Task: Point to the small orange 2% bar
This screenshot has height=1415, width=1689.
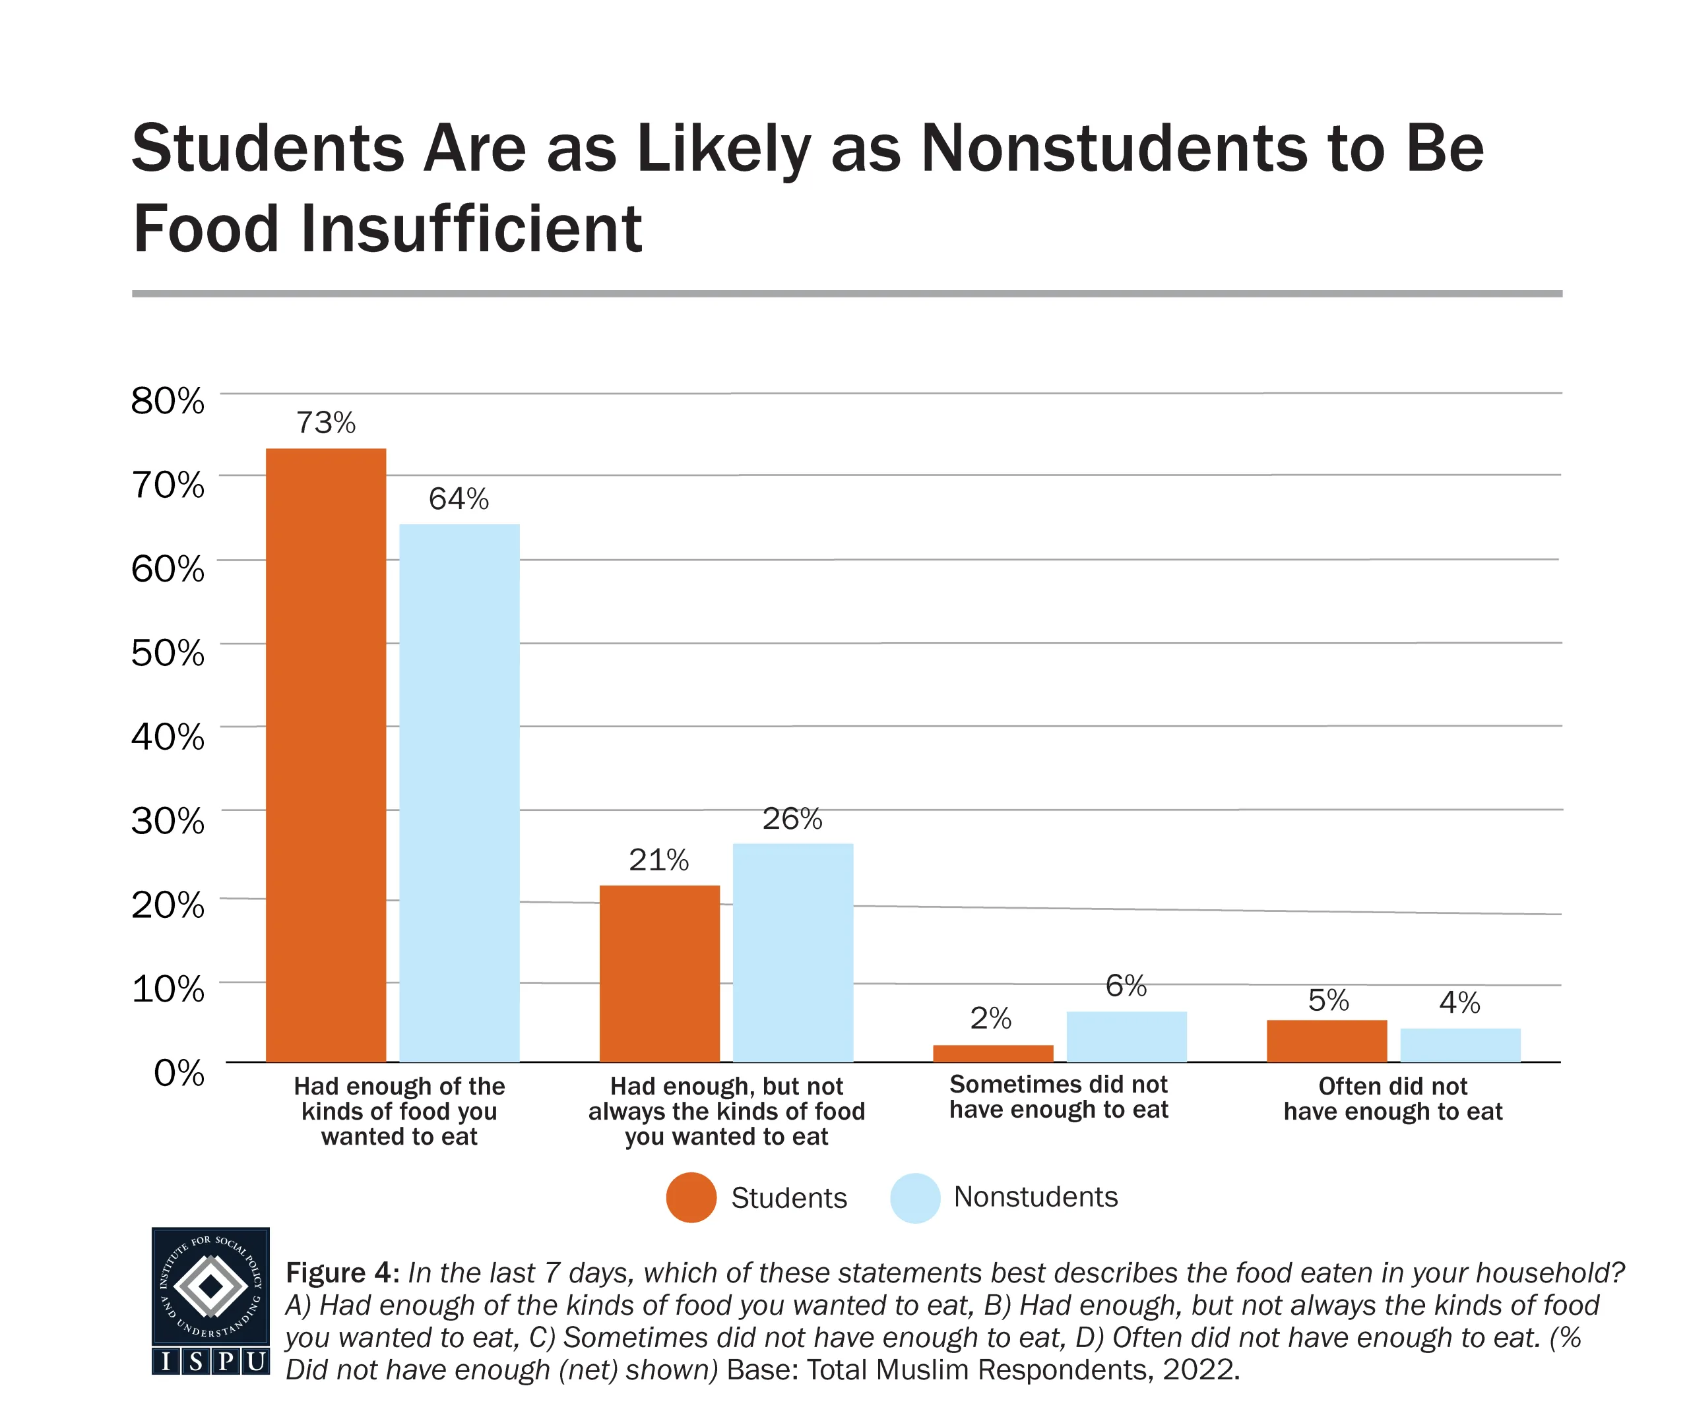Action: [992, 1053]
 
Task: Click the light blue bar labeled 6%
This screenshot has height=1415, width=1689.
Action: [1126, 1037]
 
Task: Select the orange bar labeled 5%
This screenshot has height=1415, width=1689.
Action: [1326, 1040]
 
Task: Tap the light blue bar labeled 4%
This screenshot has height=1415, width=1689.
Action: [1460, 1044]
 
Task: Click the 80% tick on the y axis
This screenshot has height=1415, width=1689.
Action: [168, 400]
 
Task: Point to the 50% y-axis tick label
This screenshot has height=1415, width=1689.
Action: [168, 653]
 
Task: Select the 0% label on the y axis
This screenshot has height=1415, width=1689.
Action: [179, 1073]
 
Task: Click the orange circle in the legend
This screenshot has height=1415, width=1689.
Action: [691, 1198]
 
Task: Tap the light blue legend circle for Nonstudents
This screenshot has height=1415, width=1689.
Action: [914, 1198]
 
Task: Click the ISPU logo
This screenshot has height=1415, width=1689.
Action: [210, 1300]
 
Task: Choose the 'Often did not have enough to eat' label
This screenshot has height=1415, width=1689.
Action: [1392, 1099]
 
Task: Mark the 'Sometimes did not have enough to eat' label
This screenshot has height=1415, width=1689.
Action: [1058, 1097]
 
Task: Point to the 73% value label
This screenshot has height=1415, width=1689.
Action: [326, 423]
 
